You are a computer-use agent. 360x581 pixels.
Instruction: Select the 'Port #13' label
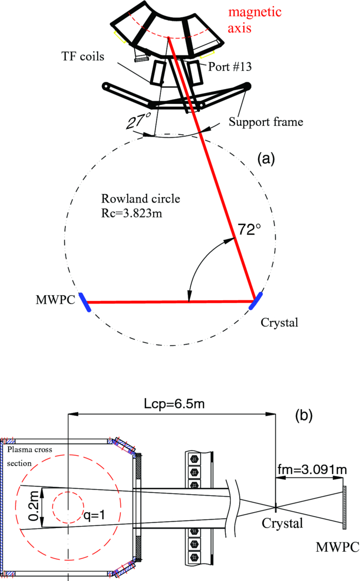(230, 66)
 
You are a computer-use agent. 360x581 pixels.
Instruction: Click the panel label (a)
(266, 159)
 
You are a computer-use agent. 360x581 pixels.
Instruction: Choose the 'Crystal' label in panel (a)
(279, 322)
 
